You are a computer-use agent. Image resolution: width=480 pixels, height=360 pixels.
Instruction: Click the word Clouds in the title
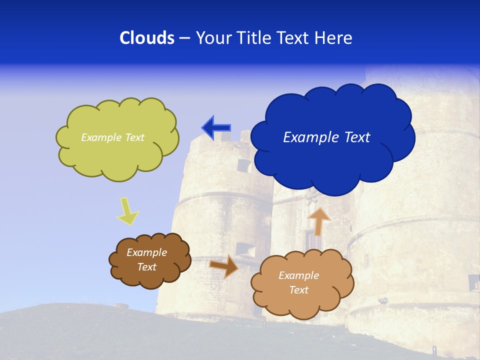pos(146,38)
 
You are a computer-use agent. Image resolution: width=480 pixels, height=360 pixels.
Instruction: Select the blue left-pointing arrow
pos(216,128)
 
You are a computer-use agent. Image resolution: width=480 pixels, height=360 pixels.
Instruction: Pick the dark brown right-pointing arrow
pos(224,266)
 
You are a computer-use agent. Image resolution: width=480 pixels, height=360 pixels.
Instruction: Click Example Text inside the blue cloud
pos(326,137)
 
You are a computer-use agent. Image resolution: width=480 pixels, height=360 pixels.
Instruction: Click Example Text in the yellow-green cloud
pos(112,137)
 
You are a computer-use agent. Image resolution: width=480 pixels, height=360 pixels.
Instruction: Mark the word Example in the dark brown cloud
pos(146,252)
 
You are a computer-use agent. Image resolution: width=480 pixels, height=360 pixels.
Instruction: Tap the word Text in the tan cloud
pos(298,290)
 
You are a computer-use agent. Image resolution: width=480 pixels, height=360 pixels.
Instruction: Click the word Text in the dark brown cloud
pos(146,267)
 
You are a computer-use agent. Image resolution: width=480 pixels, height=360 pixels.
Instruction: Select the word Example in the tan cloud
pos(298,275)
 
